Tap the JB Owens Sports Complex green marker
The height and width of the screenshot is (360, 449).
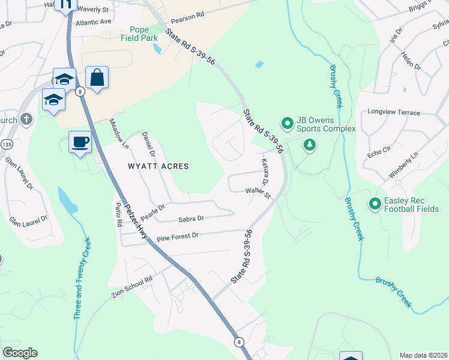coord(287,124)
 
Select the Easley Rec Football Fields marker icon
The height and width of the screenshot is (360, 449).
coord(376,205)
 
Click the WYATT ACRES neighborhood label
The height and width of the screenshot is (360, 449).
coord(158,166)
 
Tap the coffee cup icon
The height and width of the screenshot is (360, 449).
coord(80,142)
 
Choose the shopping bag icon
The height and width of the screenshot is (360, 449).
coord(97,77)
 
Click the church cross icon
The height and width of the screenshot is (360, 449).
coord(25,119)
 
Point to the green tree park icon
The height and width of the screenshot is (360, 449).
coord(309,145)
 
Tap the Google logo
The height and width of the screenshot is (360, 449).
coord(20,353)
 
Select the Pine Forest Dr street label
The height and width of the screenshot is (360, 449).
coord(177,236)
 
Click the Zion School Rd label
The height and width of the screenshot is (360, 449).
coord(132,287)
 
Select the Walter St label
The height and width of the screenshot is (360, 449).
coord(258,193)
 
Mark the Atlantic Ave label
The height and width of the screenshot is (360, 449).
coord(94,22)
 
